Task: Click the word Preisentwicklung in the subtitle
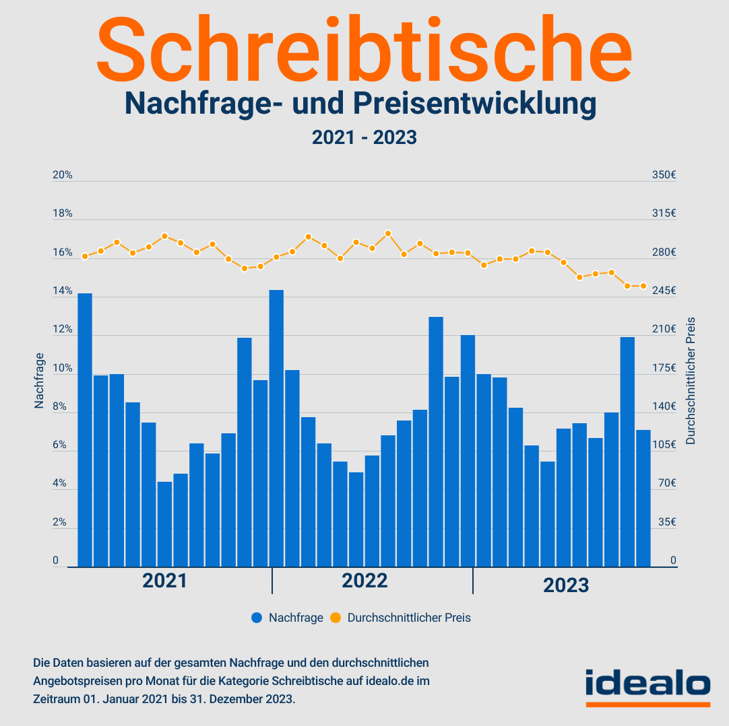[x=474, y=104]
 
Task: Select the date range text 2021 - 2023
[x=364, y=137]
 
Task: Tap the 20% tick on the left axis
[x=62, y=175]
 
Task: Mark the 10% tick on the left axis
[x=62, y=368]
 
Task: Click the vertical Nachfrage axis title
[x=39, y=380]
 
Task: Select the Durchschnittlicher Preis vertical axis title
[x=690, y=380]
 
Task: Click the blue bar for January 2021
[x=85, y=431]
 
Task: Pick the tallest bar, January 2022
[x=276, y=429]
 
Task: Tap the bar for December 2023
[x=643, y=498]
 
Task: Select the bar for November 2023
[x=627, y=452]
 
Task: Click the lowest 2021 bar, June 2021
[x=164, y=524]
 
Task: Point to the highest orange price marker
[x=388, y=233]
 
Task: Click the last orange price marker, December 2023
[x=643, y=286]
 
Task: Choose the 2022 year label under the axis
[x=364, y=581]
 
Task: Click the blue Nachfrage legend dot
[x=257, y=618]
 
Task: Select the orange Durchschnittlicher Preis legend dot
[x=336, y=618]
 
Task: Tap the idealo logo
[x=647, y=684]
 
